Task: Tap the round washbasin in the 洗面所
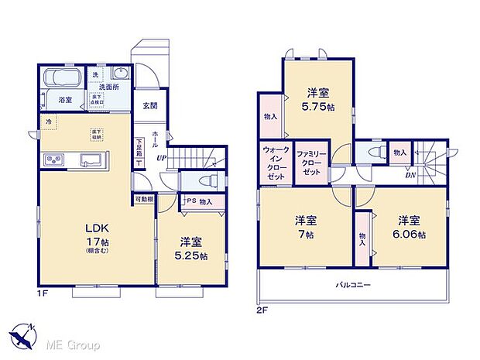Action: (120, 74)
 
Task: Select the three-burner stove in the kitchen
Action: (55, 160)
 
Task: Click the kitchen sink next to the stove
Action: (89, 160)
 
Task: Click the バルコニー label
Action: (354, 286)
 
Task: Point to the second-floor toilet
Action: (374, 153)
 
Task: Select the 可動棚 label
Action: (143, 200)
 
